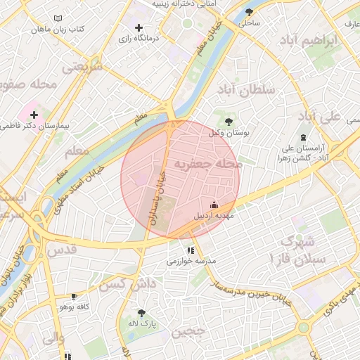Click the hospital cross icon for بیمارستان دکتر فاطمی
34,114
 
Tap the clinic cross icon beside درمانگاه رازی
139,27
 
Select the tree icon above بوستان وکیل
228,122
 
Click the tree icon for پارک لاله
142,313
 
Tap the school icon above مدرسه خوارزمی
191,250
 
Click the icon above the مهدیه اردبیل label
214,205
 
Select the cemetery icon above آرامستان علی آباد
303,137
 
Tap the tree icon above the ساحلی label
250,12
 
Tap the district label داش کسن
127,285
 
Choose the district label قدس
61,250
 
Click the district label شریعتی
82,67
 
